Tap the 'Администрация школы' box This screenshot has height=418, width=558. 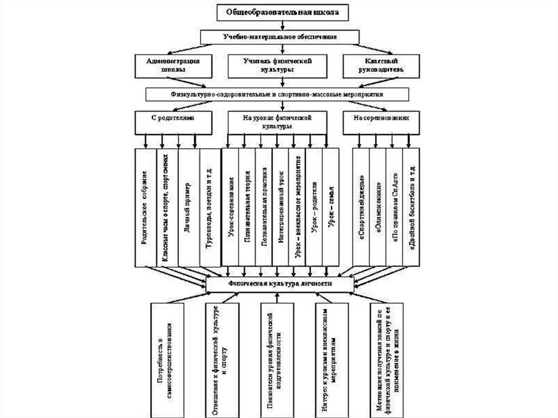173,65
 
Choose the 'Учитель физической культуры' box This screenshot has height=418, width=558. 281,65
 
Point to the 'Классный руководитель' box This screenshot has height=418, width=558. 382,65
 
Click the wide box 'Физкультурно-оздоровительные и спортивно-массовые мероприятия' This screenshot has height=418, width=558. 281,94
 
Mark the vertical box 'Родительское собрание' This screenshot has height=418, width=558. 144,207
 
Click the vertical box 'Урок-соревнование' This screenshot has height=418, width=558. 231,207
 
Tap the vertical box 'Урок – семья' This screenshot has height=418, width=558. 331,207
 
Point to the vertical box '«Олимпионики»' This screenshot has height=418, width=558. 378,207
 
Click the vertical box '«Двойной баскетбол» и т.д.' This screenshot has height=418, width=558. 411,207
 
